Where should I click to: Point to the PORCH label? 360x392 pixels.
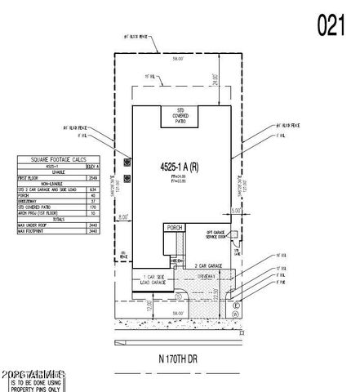coord(173,228)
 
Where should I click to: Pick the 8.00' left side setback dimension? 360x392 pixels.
coord(123,216)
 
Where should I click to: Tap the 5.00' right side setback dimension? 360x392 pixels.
coord(236,211)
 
